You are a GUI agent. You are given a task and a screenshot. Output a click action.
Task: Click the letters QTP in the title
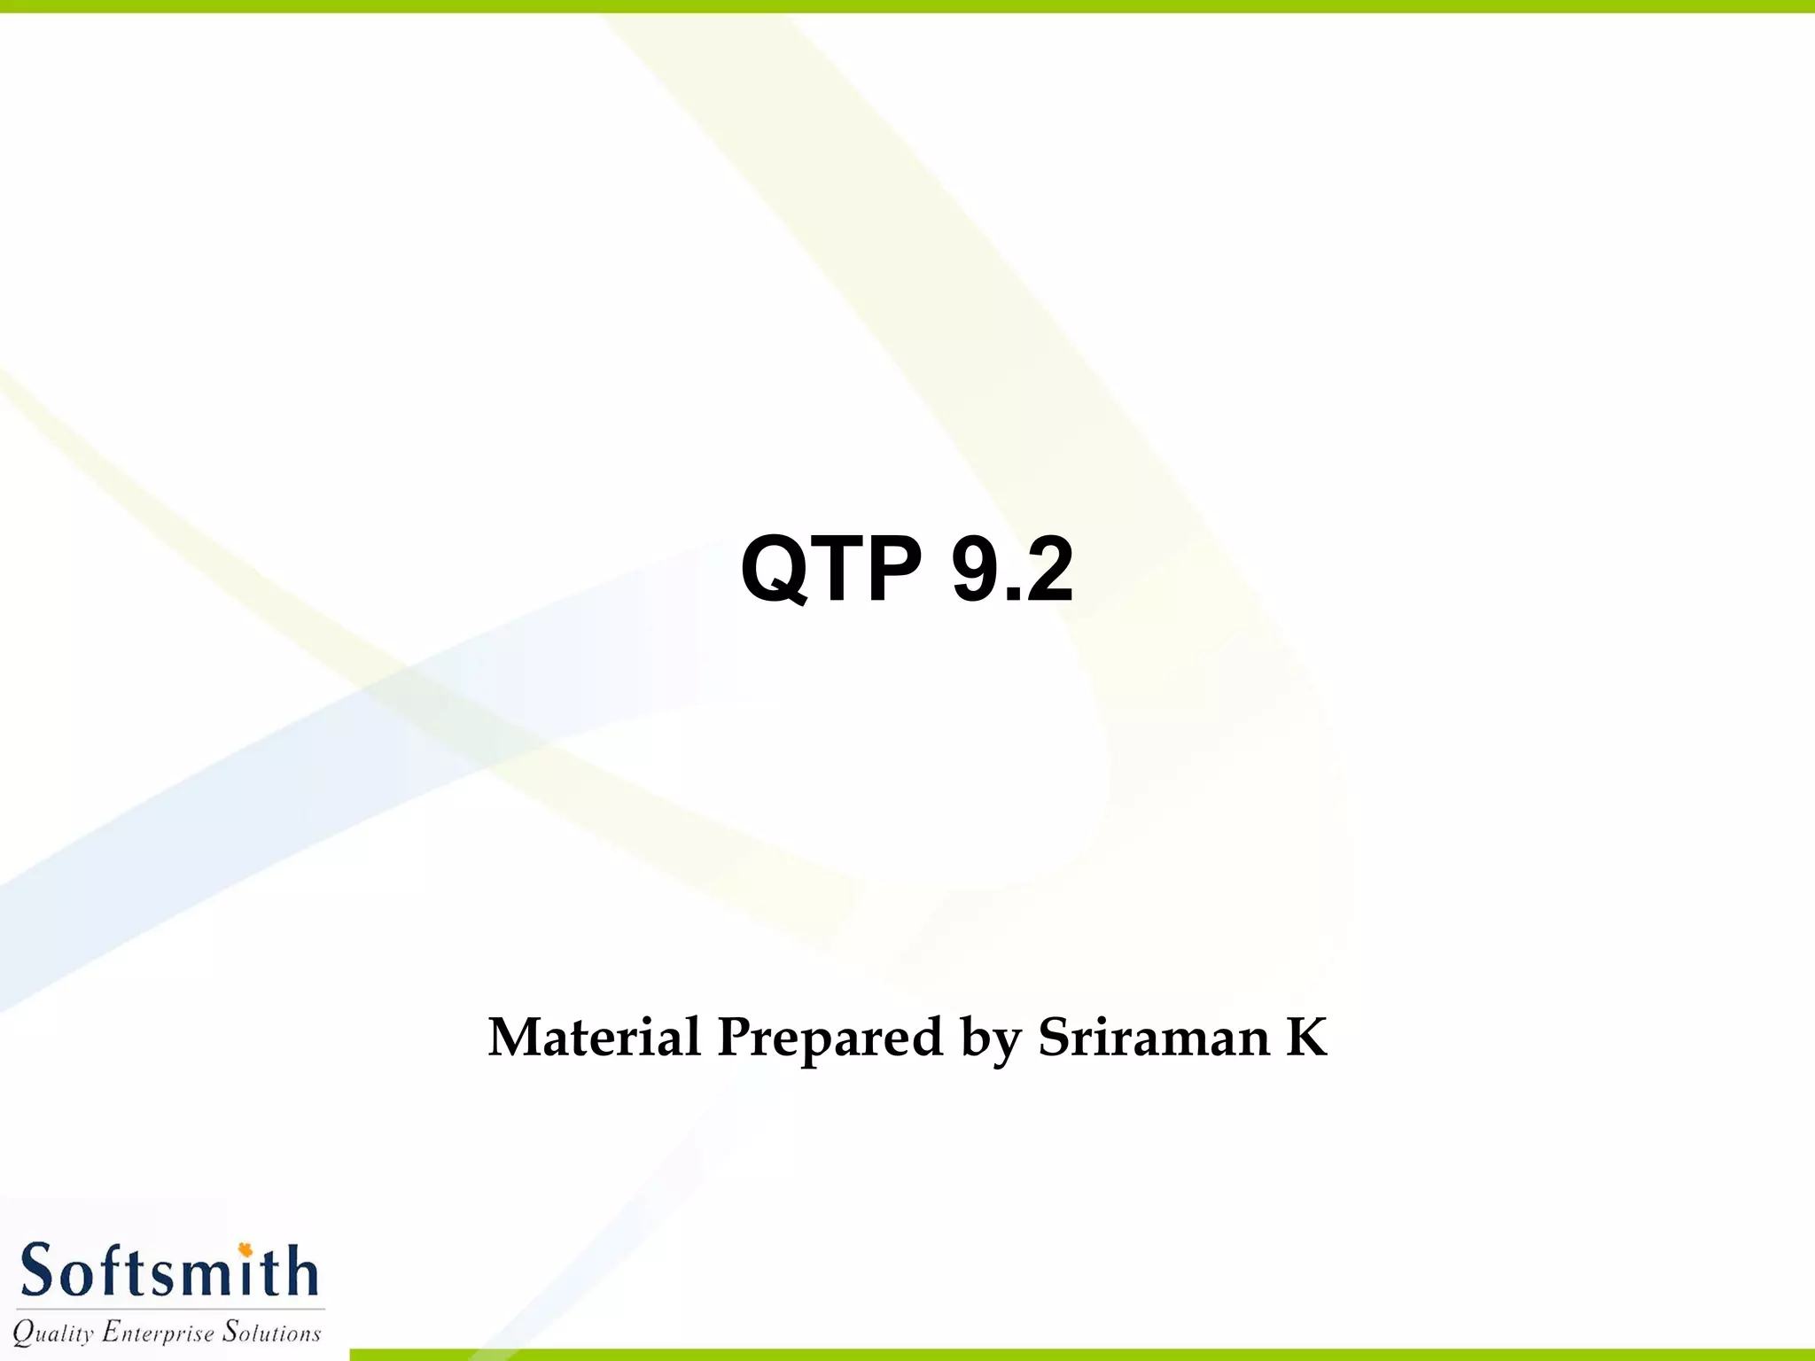(831, 569)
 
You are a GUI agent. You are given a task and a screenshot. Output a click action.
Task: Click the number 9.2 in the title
(1012, 569)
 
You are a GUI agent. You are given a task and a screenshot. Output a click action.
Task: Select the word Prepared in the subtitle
(830, 1038)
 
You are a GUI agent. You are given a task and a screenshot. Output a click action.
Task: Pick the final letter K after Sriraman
(1306, 1037)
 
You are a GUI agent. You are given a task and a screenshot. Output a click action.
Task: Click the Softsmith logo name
(168, 1272)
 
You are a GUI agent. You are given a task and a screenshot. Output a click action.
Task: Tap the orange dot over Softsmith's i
(245, 1250)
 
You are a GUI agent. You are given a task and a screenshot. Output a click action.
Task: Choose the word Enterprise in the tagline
(158, 1333)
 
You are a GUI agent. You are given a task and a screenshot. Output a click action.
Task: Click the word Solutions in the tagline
(271, 1331)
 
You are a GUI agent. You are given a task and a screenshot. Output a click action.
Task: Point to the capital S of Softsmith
(37, 1272)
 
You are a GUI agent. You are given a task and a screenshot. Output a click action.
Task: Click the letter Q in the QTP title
(775, 569)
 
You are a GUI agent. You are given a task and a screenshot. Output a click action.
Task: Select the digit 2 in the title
(1049, 569)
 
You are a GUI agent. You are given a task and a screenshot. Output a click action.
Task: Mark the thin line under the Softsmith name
(168, 1309)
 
